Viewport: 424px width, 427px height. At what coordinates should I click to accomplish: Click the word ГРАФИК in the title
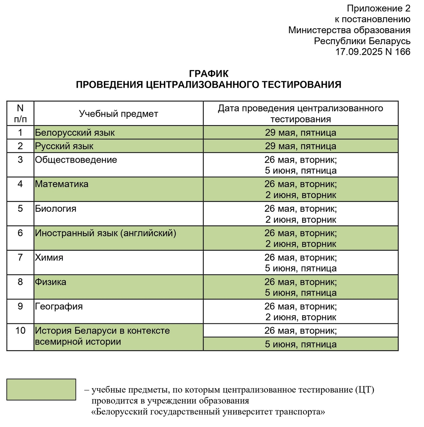[209, 74]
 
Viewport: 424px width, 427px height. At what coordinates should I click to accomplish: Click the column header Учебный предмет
[118, 114]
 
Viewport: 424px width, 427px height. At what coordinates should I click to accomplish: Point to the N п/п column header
[20, 113]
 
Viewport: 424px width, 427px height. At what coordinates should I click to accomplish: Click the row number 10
[20, 331]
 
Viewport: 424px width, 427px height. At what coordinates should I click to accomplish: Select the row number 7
[20, 257]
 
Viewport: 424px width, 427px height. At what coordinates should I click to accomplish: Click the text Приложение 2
[378, 8]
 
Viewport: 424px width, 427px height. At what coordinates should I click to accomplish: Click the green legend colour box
[41, 390]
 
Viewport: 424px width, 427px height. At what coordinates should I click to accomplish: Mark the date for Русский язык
[301, 146]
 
